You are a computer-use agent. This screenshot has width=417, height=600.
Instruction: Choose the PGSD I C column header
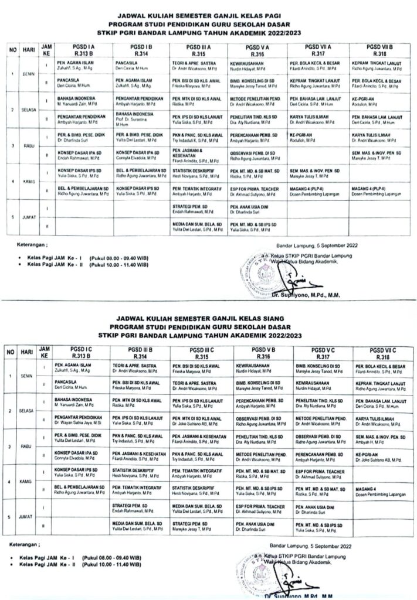point(79,353)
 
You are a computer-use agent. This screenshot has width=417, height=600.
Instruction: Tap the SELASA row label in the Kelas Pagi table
point(26,109)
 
